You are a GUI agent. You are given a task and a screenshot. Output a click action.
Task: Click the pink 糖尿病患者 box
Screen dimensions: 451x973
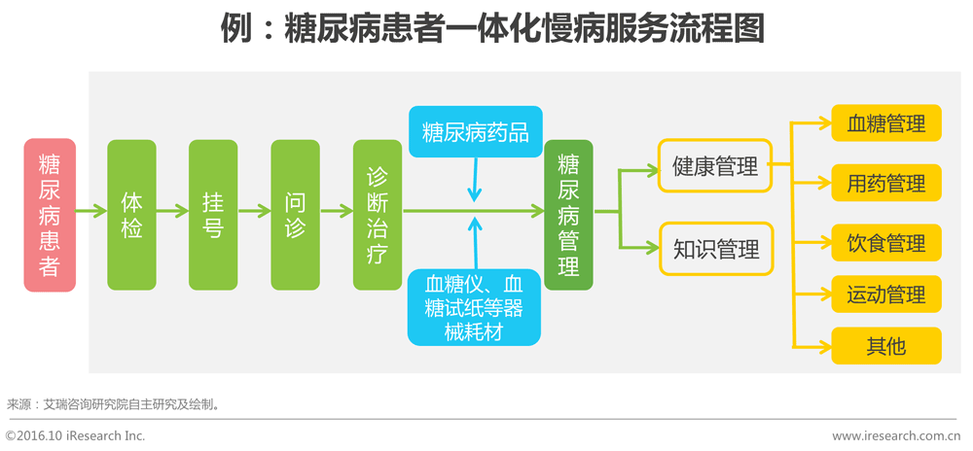[x=50, y=215]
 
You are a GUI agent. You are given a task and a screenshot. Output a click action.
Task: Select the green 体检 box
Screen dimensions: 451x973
[x=131, y=215]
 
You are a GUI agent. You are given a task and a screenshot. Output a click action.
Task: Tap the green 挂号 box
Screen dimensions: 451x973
[x=213, y=215]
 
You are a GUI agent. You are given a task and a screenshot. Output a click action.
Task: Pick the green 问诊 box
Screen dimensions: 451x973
[x=295, y=215]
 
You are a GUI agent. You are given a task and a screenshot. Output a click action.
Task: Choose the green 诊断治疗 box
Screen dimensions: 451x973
[x=378, y=215]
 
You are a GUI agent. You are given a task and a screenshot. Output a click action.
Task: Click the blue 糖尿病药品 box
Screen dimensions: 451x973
[x=475, y=132]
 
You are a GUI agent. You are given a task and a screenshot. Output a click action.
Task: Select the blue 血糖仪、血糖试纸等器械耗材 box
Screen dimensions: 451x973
[x=475, y=307]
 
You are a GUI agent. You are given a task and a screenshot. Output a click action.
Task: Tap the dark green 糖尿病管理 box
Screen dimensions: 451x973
[x=568, y=215]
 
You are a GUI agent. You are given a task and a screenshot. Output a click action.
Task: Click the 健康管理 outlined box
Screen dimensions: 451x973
[x=715, y=166]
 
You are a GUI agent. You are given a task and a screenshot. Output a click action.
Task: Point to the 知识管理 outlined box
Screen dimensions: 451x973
[x=715, y=249]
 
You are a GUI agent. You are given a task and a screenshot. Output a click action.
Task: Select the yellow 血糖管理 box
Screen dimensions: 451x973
[x=885, y=123]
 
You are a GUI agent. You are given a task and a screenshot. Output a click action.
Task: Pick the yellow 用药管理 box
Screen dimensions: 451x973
[x=885, y=183]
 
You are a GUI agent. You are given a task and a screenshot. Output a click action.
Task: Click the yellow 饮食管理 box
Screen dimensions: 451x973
[x=885, y=243]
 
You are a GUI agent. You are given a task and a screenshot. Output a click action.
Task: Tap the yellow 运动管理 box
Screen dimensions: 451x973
[x=885, y=295]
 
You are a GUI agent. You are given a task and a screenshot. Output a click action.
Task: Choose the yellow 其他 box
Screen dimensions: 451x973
[x=885, y=346]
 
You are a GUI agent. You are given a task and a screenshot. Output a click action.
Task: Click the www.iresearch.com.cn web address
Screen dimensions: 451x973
[x=895, y=436]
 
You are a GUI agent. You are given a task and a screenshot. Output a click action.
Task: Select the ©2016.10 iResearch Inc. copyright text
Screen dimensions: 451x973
[x=75, y=436]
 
